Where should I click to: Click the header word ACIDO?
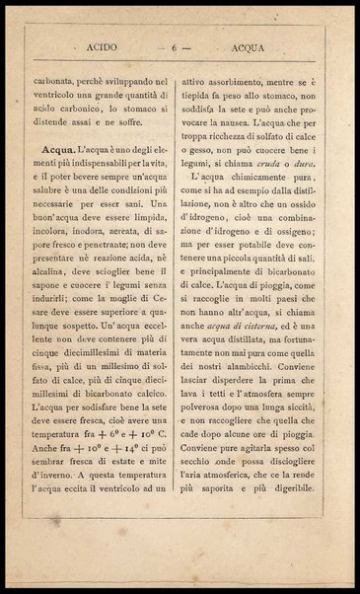[103, 45]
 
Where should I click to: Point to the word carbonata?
[55, 73]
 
